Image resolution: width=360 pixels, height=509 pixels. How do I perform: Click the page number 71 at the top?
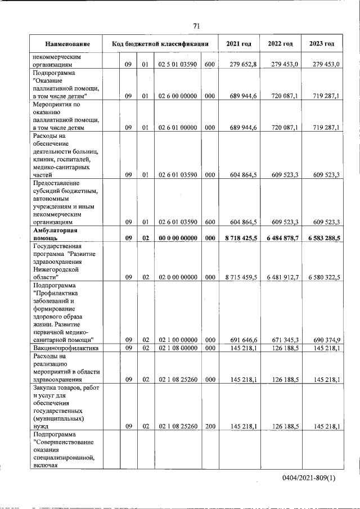point(196,26)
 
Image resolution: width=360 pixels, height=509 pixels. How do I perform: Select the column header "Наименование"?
point(67,44)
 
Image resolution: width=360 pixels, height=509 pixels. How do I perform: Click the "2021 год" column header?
point(238,44)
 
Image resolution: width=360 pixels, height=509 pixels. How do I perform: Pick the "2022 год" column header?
point(280,44)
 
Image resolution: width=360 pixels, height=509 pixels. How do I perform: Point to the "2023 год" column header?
point(322,44)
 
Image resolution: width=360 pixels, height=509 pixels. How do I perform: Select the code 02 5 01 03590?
point(177,65)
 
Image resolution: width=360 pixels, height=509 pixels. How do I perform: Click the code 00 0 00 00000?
point(177,238)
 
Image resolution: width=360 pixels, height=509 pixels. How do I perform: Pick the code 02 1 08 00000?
point(177,348)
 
